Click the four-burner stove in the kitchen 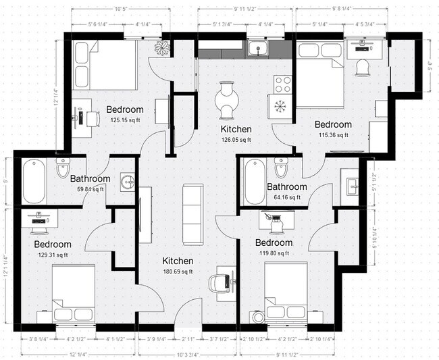point(282,84)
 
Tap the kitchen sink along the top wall point(257,48)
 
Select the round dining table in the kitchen point(228,99)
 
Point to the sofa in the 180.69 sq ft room point(192,214)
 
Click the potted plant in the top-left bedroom point(162,47)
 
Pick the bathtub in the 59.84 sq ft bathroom point(33,182)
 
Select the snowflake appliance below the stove point(280,106)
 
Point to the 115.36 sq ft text point(333,135)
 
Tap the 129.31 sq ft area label point(53,255)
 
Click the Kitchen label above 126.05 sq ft point(236,129)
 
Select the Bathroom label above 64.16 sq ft point(286,187)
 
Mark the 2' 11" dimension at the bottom point(188,339)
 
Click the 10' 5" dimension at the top point(122,9)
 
